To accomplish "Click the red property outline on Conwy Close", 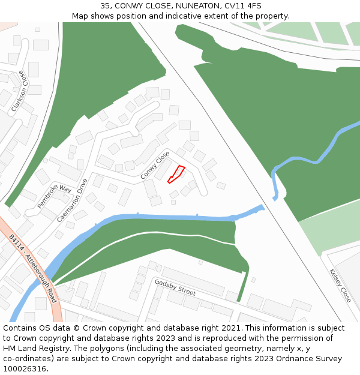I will tap(176, 174).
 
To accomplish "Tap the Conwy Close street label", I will tap(155, 166).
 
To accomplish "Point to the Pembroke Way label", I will tap(54, 197).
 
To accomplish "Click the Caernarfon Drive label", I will tap(72, 200).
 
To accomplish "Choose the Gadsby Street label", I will tap(175, 287).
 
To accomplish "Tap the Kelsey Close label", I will tap(340, 285).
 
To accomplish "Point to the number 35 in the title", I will tap(105, 6).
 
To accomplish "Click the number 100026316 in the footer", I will tap(25, 369).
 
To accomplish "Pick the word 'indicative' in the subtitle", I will tap(183, 16).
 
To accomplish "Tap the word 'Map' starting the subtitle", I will tap(80, 16).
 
